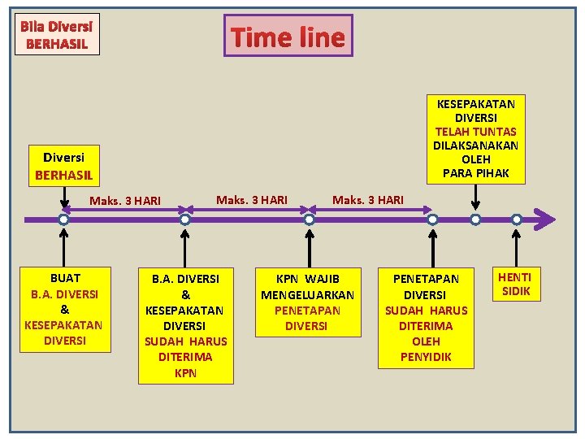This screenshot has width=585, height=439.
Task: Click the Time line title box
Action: click(288, 36)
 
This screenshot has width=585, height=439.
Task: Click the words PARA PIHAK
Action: click(476, 172)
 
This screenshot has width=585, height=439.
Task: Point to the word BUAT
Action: click(65, 277)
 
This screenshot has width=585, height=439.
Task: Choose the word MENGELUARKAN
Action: click(307, 294)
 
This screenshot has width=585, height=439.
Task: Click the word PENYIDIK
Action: click(426, 357)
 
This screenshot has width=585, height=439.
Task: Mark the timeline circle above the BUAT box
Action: click(64, 219)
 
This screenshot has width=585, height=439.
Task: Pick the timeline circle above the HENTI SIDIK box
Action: click(517, 219)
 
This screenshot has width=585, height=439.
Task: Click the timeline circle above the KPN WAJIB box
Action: click(309, 219)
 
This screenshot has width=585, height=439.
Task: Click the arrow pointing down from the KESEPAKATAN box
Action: click(475, 199)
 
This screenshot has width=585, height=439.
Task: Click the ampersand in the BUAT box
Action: click(65, 310)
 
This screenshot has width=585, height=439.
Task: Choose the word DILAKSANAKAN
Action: click(476, 146)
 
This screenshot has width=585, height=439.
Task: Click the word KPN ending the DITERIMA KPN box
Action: click(185, 373)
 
